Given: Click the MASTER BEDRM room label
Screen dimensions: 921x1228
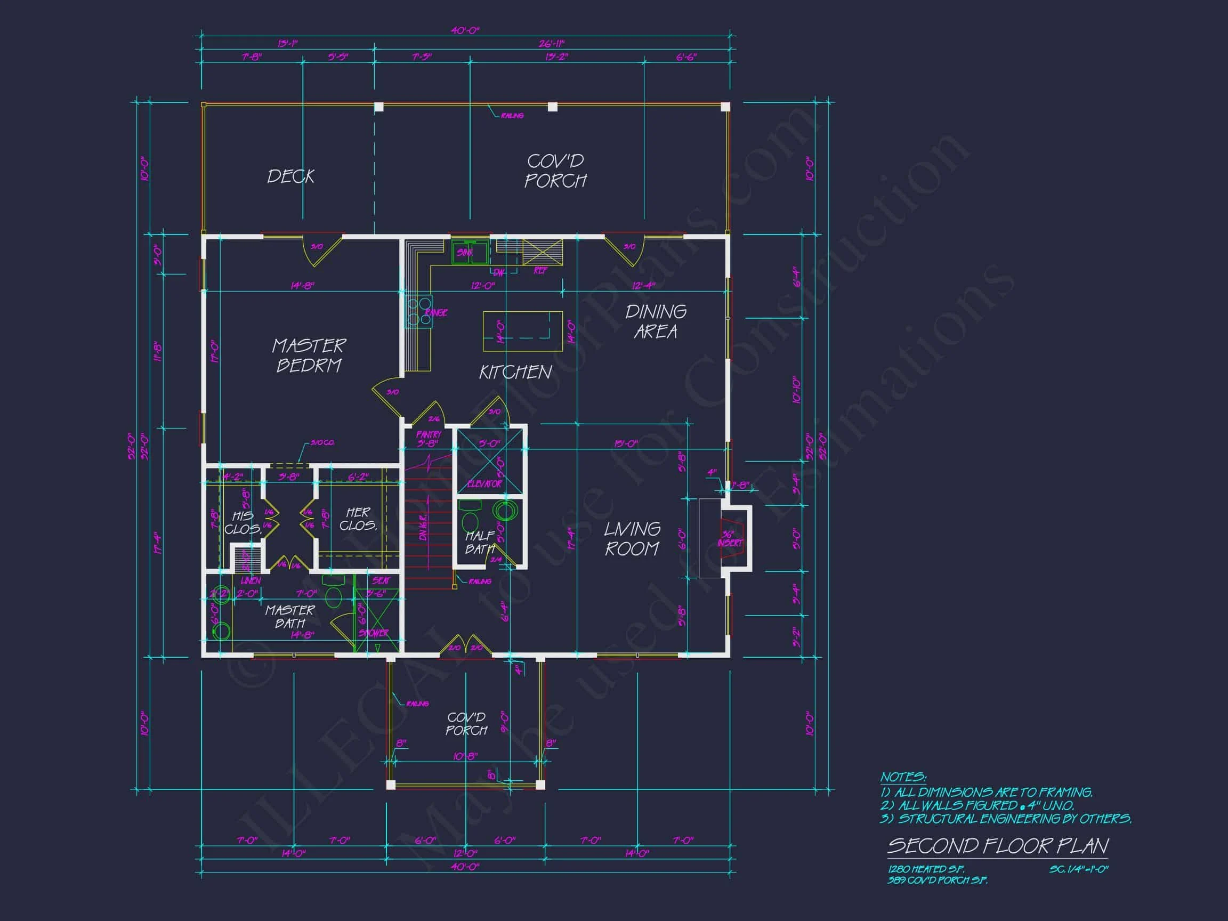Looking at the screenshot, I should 309,356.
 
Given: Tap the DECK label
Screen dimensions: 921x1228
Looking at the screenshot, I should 290,176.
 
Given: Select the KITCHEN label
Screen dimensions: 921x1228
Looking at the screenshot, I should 515,372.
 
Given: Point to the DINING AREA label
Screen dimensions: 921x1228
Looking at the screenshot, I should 656,321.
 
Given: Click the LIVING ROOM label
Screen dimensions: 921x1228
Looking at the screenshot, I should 632,538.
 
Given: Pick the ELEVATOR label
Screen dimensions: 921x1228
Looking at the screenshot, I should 484,484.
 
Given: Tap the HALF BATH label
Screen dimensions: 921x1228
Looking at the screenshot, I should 480,543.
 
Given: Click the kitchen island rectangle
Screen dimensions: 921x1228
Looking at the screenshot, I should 522,332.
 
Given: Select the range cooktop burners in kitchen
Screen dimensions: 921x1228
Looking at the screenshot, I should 418,311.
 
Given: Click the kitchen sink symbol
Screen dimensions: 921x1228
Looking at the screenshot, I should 470,253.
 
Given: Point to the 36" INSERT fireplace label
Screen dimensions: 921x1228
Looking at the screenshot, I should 729,539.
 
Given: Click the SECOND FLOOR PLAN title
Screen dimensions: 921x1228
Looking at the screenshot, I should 997,845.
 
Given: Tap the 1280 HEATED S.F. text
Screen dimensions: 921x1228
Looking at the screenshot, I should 925,869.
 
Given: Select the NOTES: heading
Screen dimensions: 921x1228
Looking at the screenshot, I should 903,777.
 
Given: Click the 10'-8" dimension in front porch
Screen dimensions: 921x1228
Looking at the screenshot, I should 465,756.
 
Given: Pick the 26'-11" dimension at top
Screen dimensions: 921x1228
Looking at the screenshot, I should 551,43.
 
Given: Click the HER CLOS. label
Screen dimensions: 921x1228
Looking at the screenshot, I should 358,519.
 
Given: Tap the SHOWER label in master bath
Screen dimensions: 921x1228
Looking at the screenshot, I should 374,633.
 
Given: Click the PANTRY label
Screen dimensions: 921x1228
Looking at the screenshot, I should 428,435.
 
